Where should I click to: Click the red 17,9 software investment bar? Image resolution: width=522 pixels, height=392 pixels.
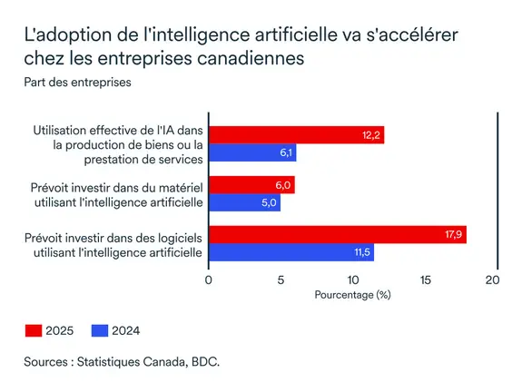click(337, 235)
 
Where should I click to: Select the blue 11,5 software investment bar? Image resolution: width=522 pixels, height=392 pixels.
click(291, 251)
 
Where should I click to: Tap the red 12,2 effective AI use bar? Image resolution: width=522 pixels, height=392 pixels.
click(296, 135)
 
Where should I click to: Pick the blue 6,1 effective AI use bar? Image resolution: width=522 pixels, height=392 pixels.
click(252, 152)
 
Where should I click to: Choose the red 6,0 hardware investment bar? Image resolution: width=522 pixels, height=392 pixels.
click(251, 185)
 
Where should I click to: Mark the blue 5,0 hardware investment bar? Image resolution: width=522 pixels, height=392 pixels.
click(244, 202)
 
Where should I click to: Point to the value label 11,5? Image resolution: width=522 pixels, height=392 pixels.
click(361, 251)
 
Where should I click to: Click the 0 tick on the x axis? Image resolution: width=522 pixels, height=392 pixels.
click(209, 280)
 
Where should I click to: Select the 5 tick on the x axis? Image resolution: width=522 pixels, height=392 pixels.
click(281, 280)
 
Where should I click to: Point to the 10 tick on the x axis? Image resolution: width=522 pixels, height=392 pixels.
click(352, 280)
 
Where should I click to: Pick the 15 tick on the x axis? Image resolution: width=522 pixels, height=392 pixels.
click(424, 280)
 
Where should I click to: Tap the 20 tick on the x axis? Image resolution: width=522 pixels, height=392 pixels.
click(494, 280)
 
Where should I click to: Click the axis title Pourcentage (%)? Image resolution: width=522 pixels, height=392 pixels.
click(351, 296)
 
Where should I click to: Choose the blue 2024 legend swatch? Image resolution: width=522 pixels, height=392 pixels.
click(98, 330)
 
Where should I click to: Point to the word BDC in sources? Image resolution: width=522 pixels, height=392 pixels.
click(204, 362)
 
